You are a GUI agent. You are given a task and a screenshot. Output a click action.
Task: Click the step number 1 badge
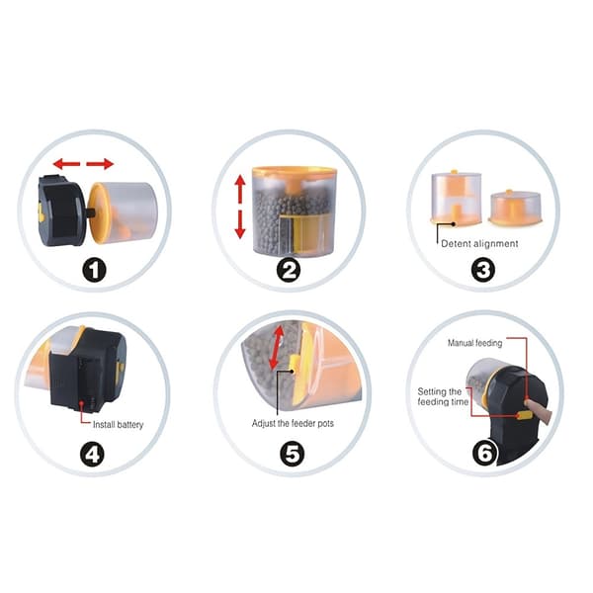pos(94,270)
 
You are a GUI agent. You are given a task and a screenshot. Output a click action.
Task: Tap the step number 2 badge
pos(289,270)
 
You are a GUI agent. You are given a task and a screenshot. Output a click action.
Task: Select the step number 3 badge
pos(483,270)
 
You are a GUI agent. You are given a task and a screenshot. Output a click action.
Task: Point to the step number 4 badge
pos(92,455)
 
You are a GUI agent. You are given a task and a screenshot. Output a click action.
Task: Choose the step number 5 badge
pos(292,454)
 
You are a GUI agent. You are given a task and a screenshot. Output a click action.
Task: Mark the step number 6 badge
pos(485,453)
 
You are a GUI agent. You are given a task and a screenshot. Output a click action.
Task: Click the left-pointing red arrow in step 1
pos(66,164)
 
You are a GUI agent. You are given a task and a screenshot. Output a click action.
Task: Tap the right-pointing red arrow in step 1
pos(100,164)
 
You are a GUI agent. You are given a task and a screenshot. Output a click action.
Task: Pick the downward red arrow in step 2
pos(240,224)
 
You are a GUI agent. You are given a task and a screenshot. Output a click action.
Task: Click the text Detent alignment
pos(479,244)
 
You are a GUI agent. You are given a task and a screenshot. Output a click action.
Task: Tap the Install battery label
pos(118,425)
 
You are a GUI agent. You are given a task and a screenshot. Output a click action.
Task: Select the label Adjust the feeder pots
pos(293,423)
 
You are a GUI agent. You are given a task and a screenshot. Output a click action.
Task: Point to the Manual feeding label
pos(475,343)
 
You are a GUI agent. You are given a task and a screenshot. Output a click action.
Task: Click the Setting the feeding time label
pos(443,396)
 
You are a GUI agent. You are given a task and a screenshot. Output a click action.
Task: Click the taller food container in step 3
pos(457,198)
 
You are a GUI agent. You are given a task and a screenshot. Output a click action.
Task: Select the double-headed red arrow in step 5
pos(277,348)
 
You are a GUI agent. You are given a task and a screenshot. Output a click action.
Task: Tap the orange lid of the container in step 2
pos(294,171)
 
